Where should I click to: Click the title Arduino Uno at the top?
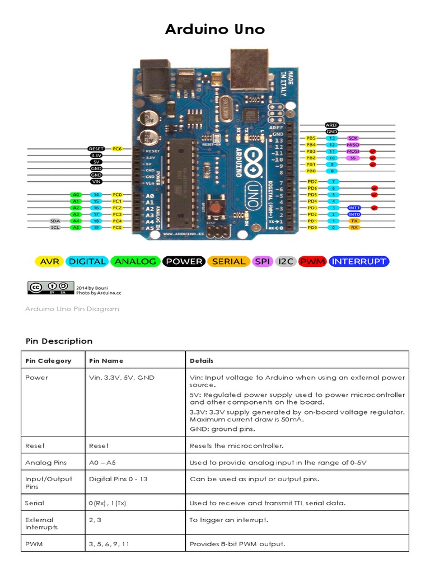pyautogui.click(x=214, y=30)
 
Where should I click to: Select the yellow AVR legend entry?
pyautogui.click(x=49, y=261)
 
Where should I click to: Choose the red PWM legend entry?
pyautogui.click(x=312, y=261)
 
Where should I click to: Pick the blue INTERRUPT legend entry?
pyautogui.click(x=358, y=261)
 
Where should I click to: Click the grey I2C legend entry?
pyautogui.click(x=286, y=261)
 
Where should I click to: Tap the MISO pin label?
pyautogui.click(x=353, y=144)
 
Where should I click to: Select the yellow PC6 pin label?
pyautogui.click(x=117, y=148)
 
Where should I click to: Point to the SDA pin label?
pyautogui.click(x=55, y=221)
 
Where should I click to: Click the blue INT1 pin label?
pyautogui.click(x=354, y=208)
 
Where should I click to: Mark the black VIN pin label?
pyautogui.click(x=96, y=181)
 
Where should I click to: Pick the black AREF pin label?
pyautogui.click(x=332, y=125)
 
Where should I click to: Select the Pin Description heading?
pyautogui.click(x=59, y=341)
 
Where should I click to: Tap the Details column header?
pyautogui.click(x=202, y=361)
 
